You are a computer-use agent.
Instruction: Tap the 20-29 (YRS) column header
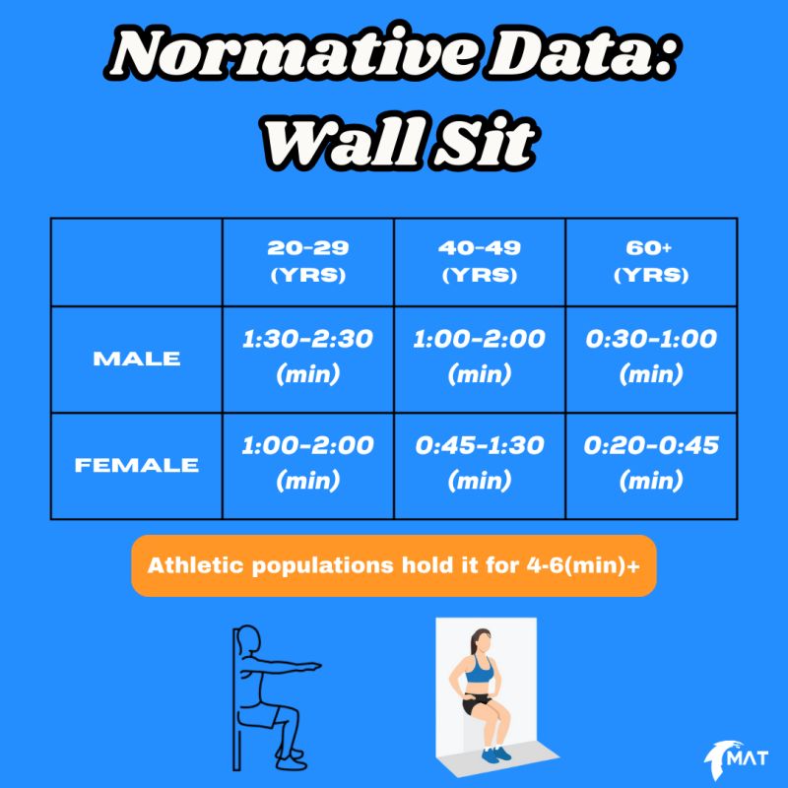tap(307, 261)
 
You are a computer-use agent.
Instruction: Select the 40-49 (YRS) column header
tap(480, 261)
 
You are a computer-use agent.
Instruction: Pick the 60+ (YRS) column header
tap(650, 261)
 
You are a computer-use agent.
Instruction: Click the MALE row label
tap(137, 359)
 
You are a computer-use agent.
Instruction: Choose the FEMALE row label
tap(137, 464)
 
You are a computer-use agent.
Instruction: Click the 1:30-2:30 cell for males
tap(307, 357)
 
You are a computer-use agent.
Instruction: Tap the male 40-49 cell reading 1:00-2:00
tap(480, 357)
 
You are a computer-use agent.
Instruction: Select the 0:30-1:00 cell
tap(650, 357)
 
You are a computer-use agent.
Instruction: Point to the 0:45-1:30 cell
tap(480, 462)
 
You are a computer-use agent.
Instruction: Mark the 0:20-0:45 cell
tap(650, 462)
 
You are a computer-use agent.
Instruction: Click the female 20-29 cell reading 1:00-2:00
tap(307, 462)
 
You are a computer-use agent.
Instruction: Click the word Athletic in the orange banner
tap(193, 566)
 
